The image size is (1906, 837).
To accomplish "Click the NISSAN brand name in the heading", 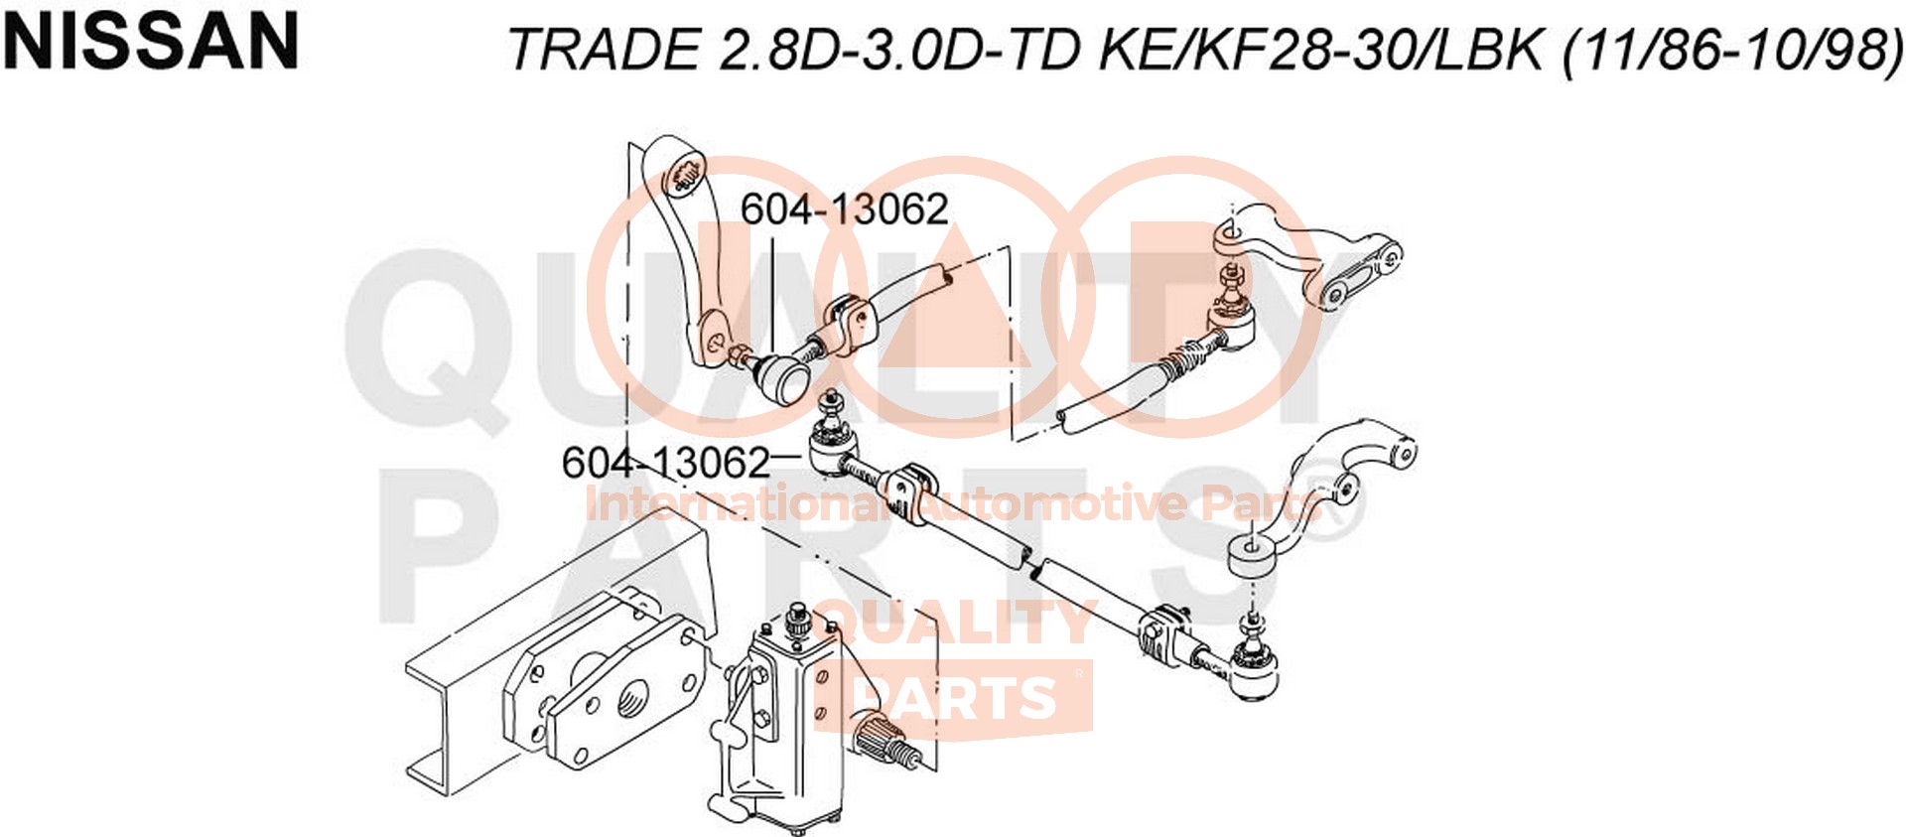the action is [151, 42].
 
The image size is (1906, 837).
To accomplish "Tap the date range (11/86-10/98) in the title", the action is [1732, 49].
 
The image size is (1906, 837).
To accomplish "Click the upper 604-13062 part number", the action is [845, 209].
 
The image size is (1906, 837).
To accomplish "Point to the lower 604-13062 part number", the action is [666, 463].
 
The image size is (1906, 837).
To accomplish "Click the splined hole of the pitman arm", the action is [683, 177].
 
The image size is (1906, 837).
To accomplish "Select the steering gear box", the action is [784, 725].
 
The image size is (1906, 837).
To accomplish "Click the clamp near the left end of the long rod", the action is [908, 488].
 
